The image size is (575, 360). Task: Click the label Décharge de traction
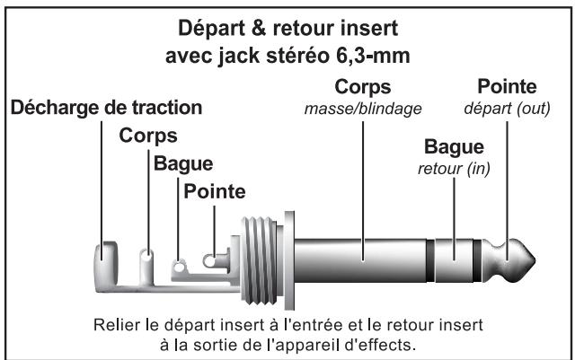click(104, 109)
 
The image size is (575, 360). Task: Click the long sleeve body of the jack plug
click(359, 261)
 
